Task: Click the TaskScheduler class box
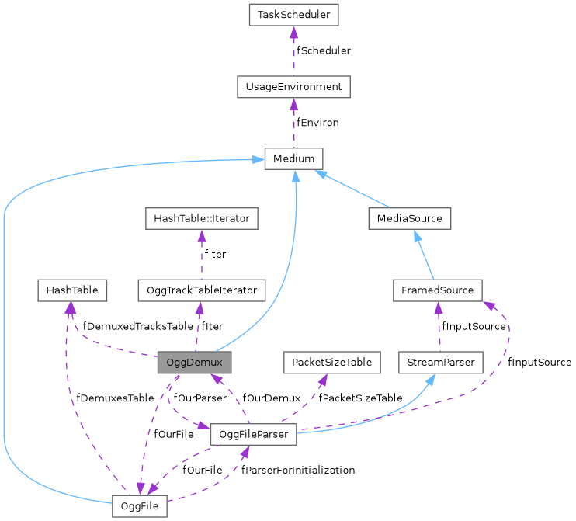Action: point(293,15)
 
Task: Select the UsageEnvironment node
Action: point(293,87)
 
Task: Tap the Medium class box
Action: point(293,159)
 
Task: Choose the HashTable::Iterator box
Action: point(202,219)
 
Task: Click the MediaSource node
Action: point(409,219)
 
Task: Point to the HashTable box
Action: point(71,290)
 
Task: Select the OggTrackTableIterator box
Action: point(202,290)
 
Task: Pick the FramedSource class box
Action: point(438,290)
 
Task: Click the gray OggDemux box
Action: point(194,363)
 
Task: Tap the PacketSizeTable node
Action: point(331,363)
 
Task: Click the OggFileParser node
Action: point(253,435)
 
